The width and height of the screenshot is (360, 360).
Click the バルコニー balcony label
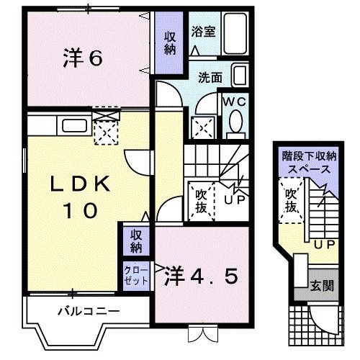point(88,311)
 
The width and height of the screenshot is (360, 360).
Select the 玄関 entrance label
point(323,286)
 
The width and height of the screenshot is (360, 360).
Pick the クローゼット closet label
point(135,274)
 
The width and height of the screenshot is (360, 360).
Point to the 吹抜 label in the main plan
point(201,200)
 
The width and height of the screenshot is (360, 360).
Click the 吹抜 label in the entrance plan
point(291,201)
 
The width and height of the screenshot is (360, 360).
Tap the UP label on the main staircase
point(234,199)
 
